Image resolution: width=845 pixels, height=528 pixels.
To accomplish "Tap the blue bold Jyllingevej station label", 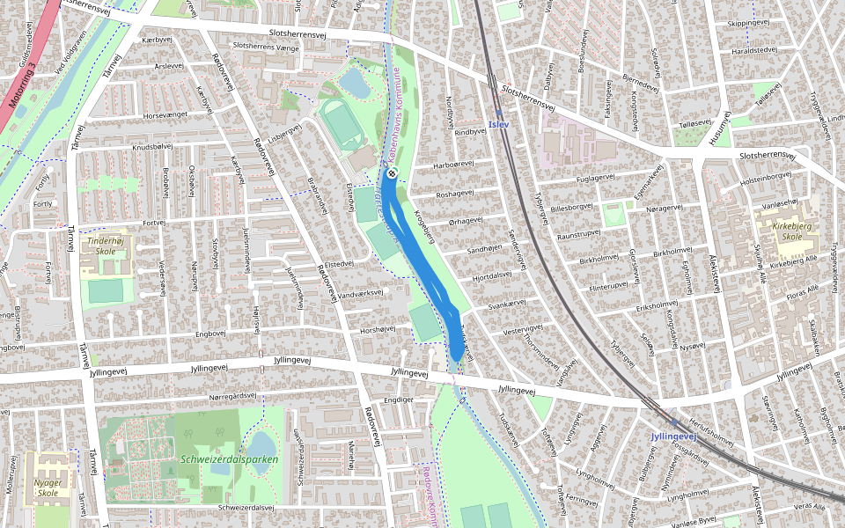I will tap(673, 436).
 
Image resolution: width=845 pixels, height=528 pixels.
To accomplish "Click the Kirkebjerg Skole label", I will tap(780, 231).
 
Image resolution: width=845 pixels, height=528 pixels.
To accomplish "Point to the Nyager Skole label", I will tap(46, 488).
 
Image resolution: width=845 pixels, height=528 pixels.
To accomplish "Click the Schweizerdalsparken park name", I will tap(229, 459).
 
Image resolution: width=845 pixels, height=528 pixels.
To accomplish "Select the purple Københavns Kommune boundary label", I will tap(393, 114).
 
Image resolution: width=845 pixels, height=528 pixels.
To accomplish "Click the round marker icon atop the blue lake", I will tap(392, 172).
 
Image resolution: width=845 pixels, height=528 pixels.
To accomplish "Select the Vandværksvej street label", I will tap(362, 292).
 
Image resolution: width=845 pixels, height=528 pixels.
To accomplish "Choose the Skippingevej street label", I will tap(748, 23).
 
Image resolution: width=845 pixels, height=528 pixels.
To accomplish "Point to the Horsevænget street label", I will tap(166, 115).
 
